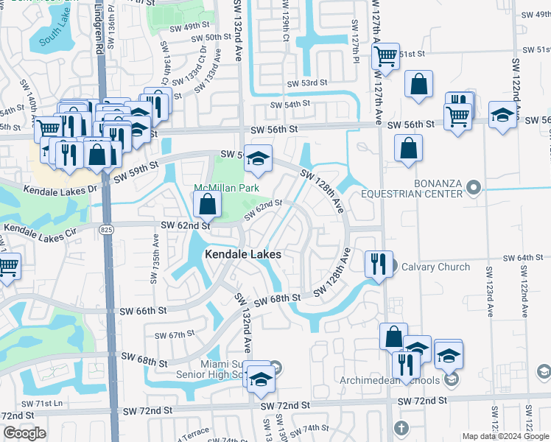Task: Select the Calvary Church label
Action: pyautogui.click(x=432, y=267)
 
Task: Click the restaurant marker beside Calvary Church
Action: pyautogui.click(x=379, y=264)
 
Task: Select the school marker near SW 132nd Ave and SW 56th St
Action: pyautogui.click(x=258, y=158)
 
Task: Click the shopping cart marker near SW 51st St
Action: pyautogui.click(x=385, y=55)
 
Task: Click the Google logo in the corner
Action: pyautogui.click(x=24, y=433)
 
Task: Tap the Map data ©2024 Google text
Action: pyautogui.click(x=505, y=436)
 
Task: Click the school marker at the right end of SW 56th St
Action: pyautogui.click(x=502, y=116)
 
